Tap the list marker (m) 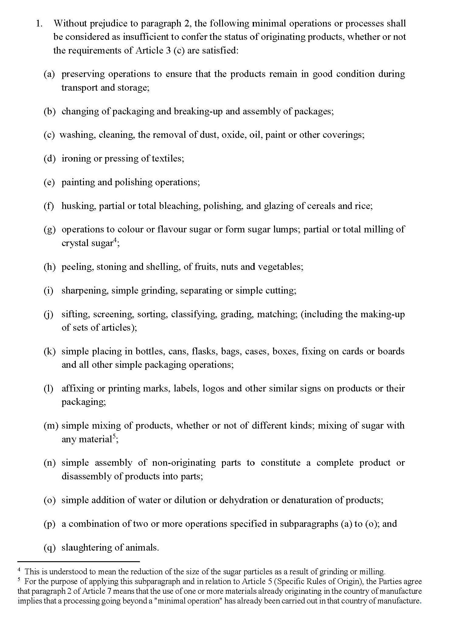(50, 426)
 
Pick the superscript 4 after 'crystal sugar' (115, 241)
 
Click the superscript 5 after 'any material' (114, 437)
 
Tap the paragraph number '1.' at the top (39, 23)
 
